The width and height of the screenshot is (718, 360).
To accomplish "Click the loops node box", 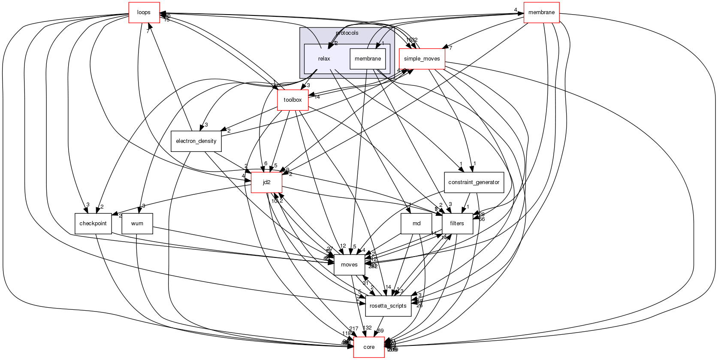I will [x=144, y=12].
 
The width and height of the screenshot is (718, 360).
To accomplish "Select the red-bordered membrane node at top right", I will [x=541, y=12].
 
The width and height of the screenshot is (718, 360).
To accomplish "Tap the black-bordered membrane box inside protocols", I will [x=368, y=59].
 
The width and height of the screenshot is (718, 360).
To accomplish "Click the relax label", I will [x=324, y=59].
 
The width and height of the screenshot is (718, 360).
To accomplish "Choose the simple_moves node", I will [x=422, y=59].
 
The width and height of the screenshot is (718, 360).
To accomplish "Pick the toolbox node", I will [x=293, y=100].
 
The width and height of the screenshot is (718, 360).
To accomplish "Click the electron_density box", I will [x=196, y=141].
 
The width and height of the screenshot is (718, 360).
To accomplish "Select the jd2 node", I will [x=266, y=182].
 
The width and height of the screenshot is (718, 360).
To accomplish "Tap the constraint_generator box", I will [x=474, y=182].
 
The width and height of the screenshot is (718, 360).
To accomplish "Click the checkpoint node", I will [x=93, y=224].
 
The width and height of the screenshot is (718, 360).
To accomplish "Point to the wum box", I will [x=137, y=224].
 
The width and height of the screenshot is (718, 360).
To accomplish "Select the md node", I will [x=416, y=224].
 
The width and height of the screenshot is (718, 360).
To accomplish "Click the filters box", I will [x=457, y=224].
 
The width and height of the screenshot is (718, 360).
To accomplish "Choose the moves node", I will [x=349, y=265].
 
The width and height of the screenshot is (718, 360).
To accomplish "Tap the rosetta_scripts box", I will [x=388, y=306].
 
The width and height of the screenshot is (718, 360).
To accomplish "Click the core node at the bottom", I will [x=369, y=347].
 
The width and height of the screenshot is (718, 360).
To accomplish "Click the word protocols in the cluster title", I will [x=347, y=33].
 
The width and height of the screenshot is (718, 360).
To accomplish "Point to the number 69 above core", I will [x=380, y=331].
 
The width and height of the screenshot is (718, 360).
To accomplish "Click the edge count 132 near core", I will [x=367, y=328].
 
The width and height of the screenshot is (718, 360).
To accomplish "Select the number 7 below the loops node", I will [x=148, y=31].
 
